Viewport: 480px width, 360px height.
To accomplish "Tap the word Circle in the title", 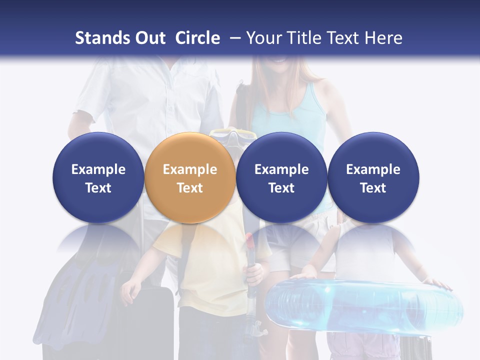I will pyautogui.click(x=197, y=38).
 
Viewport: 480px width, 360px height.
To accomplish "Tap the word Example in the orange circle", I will pyautogui.click(x=190, y=169).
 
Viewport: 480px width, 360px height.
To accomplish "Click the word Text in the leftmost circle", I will pyautogui.click(x=98, y=188).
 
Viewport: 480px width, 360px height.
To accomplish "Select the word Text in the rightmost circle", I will pyautogui.click(x=373, y=188).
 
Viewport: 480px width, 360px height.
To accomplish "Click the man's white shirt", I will pyautogui.click(x=150, y=100).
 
